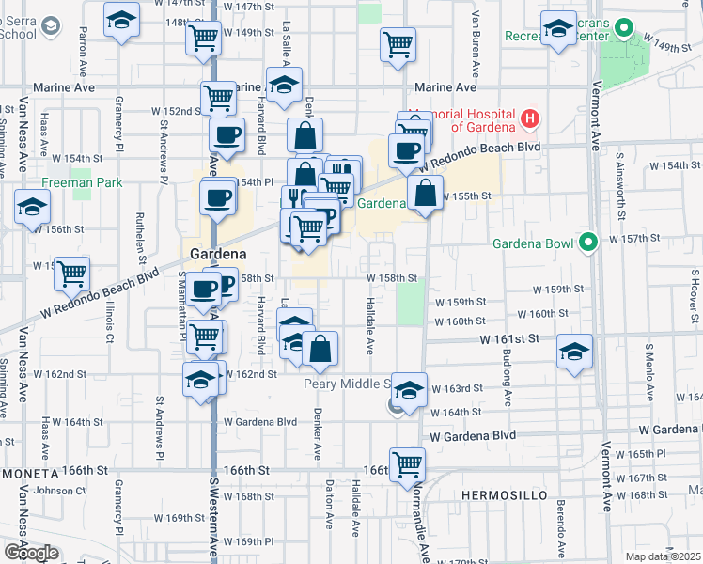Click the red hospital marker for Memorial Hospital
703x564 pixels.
tap(529, 118)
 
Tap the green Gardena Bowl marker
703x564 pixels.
tap(589, 243)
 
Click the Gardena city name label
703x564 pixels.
tap(218, 254)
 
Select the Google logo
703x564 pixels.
tap(31, 552)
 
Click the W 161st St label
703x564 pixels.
tap(509, 337)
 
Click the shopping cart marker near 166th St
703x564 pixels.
tap(407, 463)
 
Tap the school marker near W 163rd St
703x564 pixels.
tap(409, 387)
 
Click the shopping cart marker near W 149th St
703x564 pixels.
tap(398, 43)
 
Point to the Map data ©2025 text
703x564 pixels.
tap(663, 556)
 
